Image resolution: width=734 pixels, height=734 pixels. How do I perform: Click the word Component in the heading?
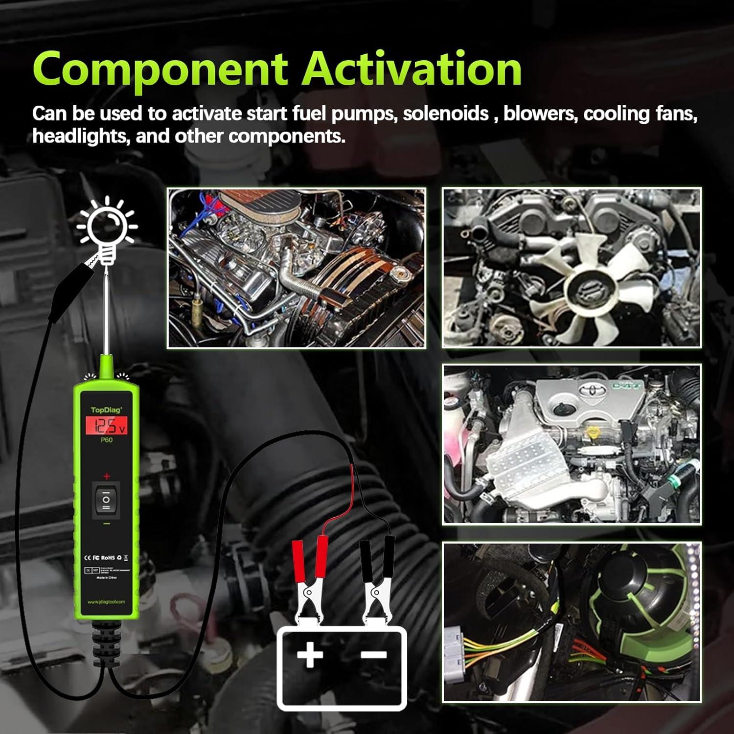coord(160,69)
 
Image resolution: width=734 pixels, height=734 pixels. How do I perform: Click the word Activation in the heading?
coord(412,69)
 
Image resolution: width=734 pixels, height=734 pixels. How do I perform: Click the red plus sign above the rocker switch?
coord(106,476)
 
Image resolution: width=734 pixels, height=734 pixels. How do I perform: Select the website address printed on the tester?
coord(106,602)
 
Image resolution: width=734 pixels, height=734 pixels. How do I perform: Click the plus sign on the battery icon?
coord(309,655)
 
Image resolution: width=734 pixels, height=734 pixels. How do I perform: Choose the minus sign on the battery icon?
coord(374,655)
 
